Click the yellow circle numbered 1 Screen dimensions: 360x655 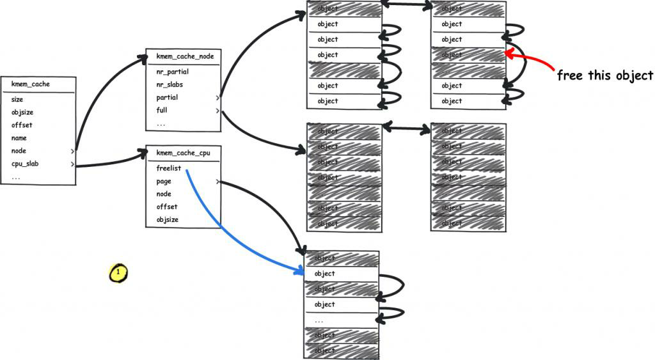(118, 272)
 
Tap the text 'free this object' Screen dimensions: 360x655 (604, 75)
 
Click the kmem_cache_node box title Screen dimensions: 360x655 (185, 56)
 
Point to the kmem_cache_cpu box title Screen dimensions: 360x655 (183, 153)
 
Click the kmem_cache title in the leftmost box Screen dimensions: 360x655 (31, 84)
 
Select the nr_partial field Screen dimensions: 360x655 (172, 72)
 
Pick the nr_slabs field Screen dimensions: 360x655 (171, 84)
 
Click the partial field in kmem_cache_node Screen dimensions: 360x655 (168, 98)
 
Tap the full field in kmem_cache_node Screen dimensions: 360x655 (162, 111)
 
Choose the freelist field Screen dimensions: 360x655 (168, 168)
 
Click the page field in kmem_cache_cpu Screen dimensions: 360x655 (164, 182)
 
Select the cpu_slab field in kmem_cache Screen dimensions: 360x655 (25, 164)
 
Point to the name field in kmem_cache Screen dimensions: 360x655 (19, 138)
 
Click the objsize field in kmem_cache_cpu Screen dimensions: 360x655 (168, 220)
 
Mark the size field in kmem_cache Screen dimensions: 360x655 (17, 100)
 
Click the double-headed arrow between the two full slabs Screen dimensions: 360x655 (406, 129)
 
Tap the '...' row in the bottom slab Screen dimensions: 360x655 (319, 320)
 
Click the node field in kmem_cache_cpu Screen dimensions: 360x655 (164, 194)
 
